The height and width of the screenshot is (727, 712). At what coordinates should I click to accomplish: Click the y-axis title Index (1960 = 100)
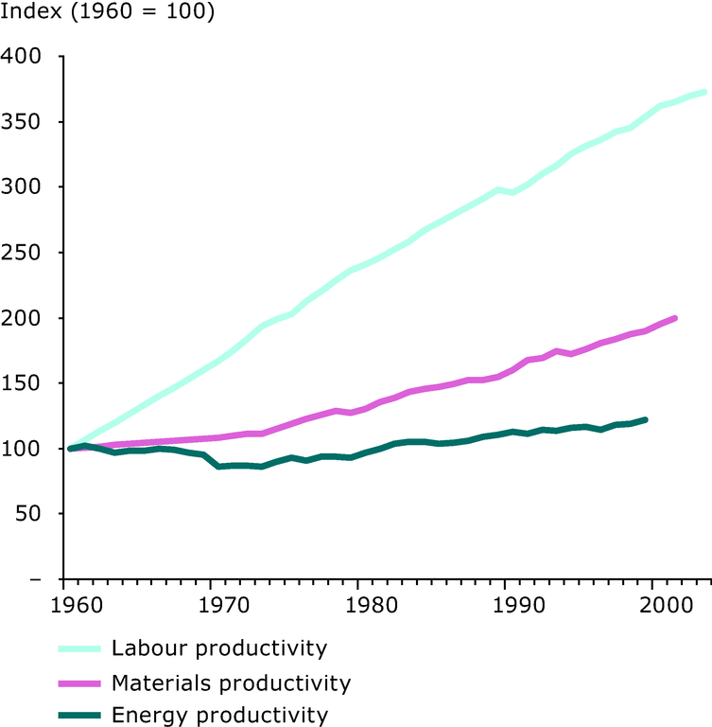point(108,14)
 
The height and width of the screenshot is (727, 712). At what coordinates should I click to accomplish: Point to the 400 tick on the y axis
point(23,57)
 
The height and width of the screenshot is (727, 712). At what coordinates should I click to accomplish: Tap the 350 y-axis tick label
point(23,122)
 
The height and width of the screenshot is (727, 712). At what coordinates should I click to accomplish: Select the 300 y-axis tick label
point(23,187)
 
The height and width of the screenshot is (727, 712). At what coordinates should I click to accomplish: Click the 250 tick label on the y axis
point(23,253)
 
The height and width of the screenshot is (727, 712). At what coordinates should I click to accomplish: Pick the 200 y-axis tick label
point(23,318)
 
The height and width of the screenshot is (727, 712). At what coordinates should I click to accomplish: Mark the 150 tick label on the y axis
point(23,383)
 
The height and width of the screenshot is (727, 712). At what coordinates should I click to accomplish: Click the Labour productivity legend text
point(219,648)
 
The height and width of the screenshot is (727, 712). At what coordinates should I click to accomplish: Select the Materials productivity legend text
point(231,683)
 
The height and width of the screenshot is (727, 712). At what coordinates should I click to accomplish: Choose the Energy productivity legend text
point(219,715)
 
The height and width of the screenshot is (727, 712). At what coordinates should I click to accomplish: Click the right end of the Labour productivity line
point(704,92)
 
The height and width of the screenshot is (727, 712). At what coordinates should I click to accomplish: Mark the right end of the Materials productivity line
point(675,318)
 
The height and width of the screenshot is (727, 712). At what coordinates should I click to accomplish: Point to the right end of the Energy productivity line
point(646,419)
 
